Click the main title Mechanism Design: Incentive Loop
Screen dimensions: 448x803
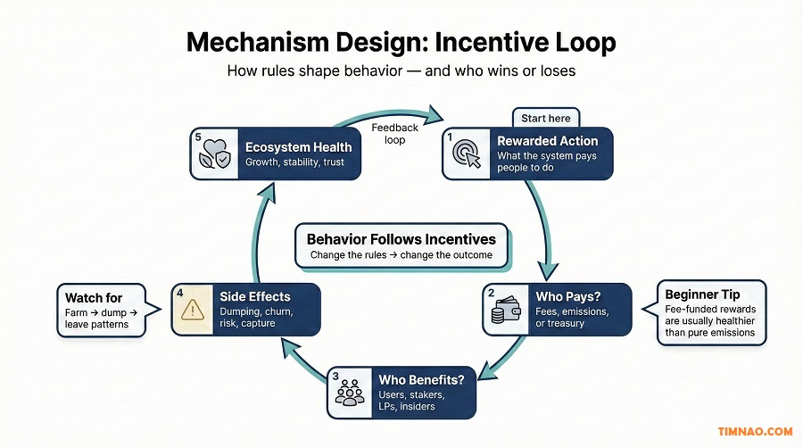tap(401, 42)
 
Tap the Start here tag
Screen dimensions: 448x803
tap(546, 118)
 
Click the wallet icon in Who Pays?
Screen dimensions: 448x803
tap(505, 310)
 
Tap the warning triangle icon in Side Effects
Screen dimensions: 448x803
tap(194, 309)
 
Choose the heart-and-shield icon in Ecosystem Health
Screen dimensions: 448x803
tap(214, 155)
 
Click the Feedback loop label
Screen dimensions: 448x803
tap(394, 135)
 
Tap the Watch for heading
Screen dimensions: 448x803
tap(94, 297)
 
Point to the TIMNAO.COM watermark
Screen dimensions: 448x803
tap(755, 432)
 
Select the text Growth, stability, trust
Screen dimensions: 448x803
tap(295, 163)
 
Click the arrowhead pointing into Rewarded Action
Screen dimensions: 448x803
tap(435, 115)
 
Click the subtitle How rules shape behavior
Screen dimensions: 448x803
tap(401, 71)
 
